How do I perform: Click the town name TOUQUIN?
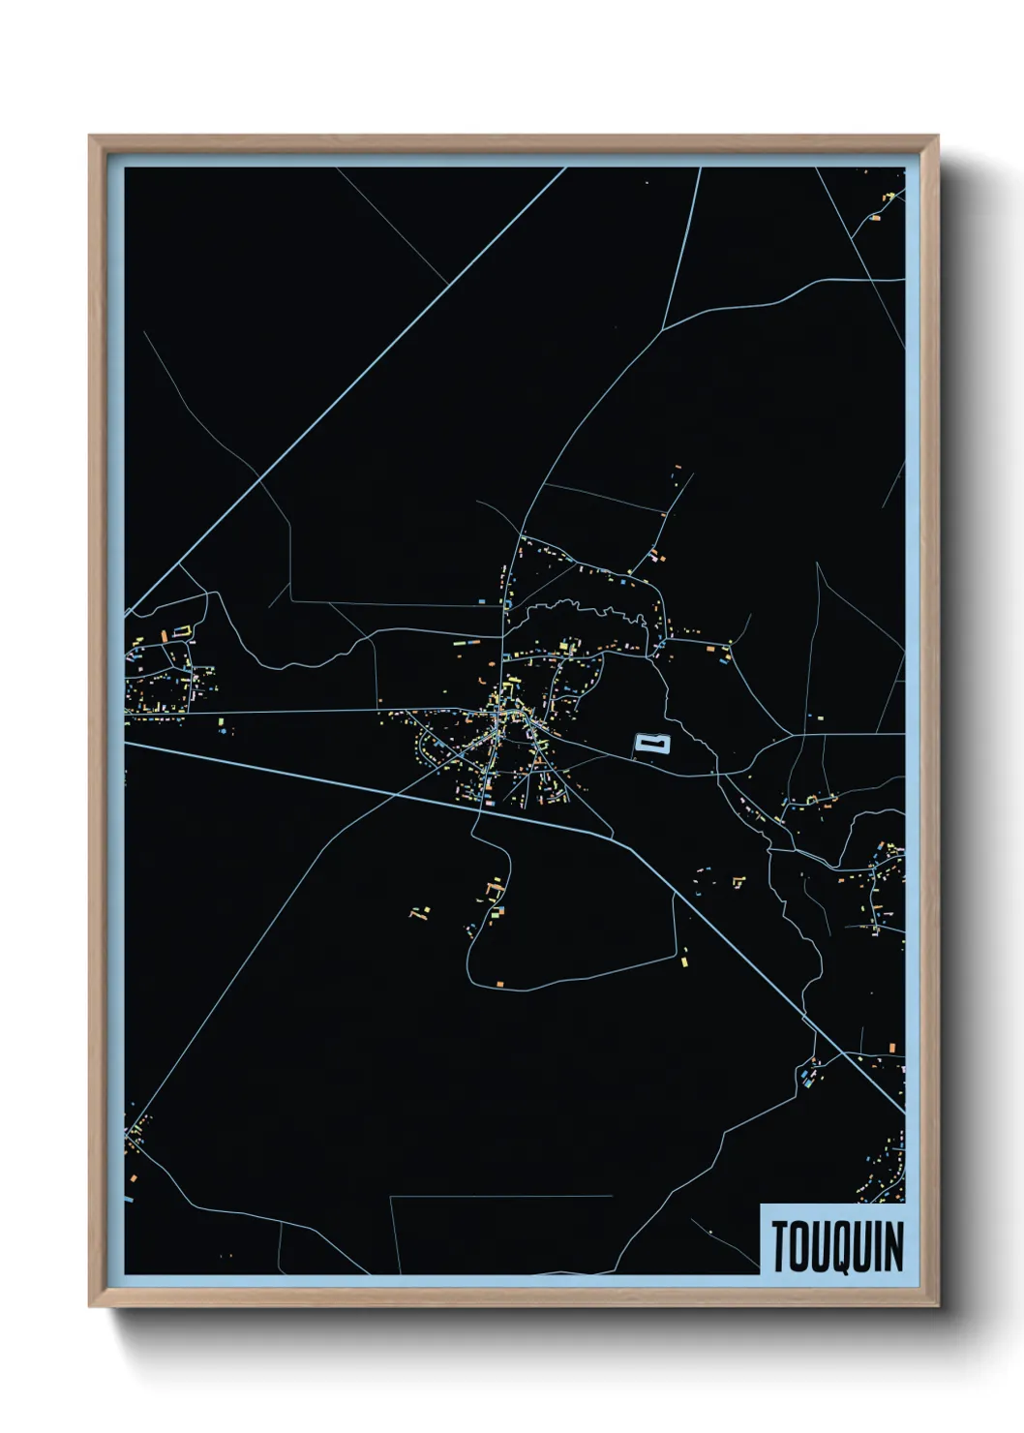838,1246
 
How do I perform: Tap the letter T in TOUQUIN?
780,1246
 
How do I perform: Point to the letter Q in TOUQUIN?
838,1247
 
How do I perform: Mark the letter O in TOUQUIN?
799,1246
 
